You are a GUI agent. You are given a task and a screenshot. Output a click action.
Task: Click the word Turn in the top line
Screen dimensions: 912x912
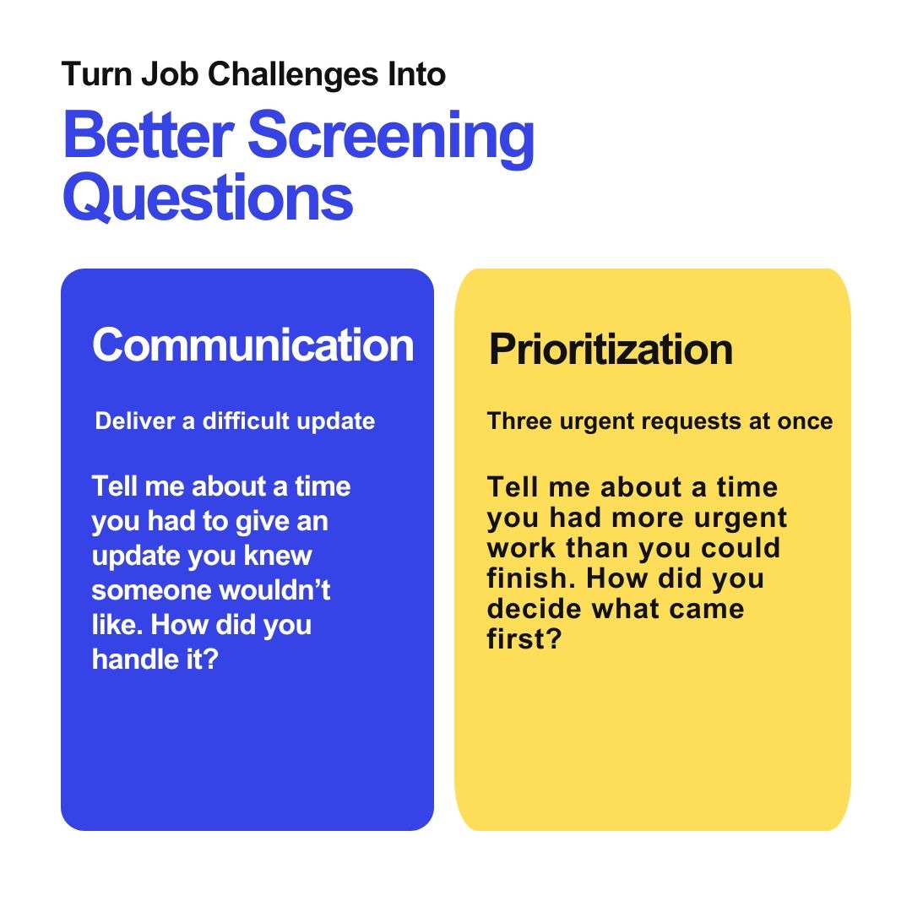pos(96,74)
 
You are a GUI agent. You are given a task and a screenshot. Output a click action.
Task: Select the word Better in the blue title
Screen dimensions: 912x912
pos(149,134)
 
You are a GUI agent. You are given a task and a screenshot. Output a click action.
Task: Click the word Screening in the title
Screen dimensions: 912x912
pos(392,138)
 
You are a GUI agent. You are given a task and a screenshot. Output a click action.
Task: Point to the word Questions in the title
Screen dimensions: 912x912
pos(208,198)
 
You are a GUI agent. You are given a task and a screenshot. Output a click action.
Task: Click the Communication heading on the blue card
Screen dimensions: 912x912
pos(253,345)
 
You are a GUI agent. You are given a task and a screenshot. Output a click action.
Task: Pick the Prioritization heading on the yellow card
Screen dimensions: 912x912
pos(611,350)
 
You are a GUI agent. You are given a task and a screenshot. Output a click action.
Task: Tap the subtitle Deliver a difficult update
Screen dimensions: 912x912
pos(235,421)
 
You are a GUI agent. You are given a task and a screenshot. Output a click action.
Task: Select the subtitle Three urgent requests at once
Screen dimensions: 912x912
pos(660,421)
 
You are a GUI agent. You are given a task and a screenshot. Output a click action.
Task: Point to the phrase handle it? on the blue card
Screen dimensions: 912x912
pos(155,660)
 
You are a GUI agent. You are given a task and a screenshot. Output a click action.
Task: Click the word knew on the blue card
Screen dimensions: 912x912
pos(278,556)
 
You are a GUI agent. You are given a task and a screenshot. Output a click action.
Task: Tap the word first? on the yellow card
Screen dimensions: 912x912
pos(524,638)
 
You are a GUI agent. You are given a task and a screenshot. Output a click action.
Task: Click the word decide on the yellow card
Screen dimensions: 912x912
pos(535,608)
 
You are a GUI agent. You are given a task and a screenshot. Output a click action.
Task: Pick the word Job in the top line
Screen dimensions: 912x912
pos(169,74)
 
